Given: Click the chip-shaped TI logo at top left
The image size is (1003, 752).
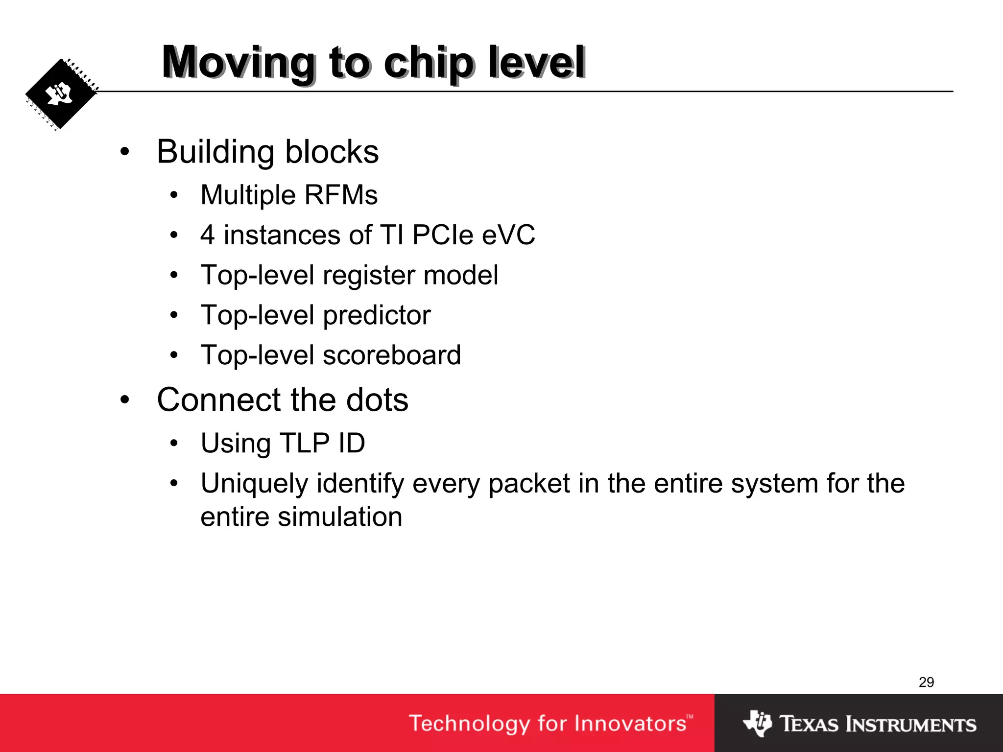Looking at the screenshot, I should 61,94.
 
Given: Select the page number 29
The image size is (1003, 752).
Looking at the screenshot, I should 926,682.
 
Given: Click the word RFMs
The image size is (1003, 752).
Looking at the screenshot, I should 341,195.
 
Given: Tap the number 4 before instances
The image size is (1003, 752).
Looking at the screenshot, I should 208,235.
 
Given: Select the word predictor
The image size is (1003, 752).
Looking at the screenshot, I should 377,315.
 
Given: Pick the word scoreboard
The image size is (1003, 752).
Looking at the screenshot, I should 392,355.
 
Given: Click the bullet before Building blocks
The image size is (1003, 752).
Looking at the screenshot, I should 125,152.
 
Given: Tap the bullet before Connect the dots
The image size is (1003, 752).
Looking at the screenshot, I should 125,400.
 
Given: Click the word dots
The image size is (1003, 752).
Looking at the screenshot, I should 377,400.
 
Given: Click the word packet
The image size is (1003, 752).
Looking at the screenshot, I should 529,484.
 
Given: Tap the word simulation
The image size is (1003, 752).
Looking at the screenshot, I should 340,517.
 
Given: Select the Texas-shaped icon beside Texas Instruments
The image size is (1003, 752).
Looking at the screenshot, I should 757,723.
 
